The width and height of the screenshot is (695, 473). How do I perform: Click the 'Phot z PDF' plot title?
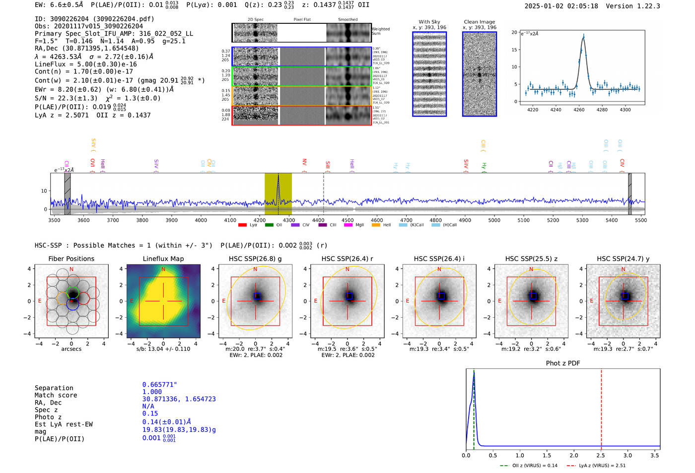click(563, 363)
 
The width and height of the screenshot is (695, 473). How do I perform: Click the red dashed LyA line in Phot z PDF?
click(601, 407)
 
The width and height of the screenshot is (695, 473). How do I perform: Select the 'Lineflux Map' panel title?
click(163, 259)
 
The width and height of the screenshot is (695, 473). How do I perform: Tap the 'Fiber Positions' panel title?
click(71, 259)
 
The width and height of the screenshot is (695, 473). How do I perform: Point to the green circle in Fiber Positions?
click(72, 291)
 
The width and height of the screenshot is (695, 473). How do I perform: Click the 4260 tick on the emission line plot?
click(579, 110)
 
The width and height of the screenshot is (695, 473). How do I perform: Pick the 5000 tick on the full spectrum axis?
click(494, 220)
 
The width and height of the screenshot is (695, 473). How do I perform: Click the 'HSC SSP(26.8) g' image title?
click(255, 259)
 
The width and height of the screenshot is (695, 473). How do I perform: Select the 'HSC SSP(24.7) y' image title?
click(623, 259)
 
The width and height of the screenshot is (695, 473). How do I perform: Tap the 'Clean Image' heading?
click(479, 22)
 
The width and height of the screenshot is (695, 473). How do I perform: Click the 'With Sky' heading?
click(429, 22)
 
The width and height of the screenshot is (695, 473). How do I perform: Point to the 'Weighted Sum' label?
click(381, 31)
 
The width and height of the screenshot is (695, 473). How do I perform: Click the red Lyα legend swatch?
click(242, 225)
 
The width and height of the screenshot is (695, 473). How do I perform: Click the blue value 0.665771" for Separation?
click(159, 385)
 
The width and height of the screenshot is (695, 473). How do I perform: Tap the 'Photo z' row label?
click(48, 417)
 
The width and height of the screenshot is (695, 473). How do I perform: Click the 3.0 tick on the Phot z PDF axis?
click(628, 455)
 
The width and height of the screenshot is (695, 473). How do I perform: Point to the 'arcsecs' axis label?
click(71, 349)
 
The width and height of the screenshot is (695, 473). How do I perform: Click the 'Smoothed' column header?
click(347, 20)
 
